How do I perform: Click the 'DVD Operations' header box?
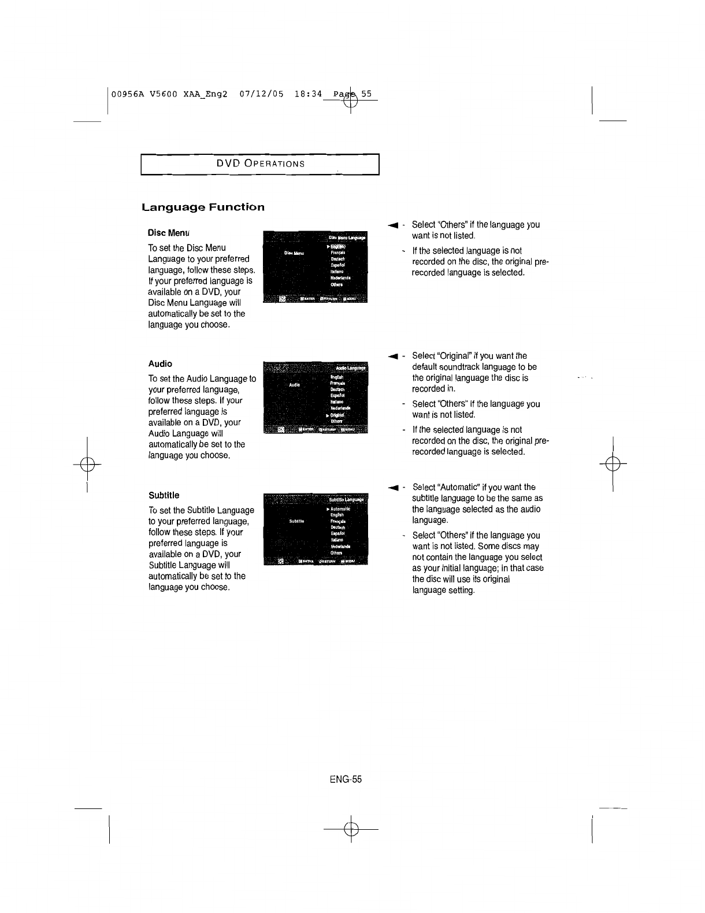click(260, 164)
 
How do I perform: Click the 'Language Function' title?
click(203, 207)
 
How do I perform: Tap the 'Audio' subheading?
click(160, 363)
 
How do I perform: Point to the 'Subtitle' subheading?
click(164, 495)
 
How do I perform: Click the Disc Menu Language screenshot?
click(315, 266)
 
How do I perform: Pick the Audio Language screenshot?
click(315, 398)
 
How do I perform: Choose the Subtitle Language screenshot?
click(315, 529)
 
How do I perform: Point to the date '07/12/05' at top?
click(261, 94)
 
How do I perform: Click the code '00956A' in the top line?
click(128, 94)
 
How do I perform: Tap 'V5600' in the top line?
click(165, 94)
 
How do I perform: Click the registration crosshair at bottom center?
click(351, 829)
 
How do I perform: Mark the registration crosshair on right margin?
click(613, 464)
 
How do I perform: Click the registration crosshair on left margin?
click(87, 464)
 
